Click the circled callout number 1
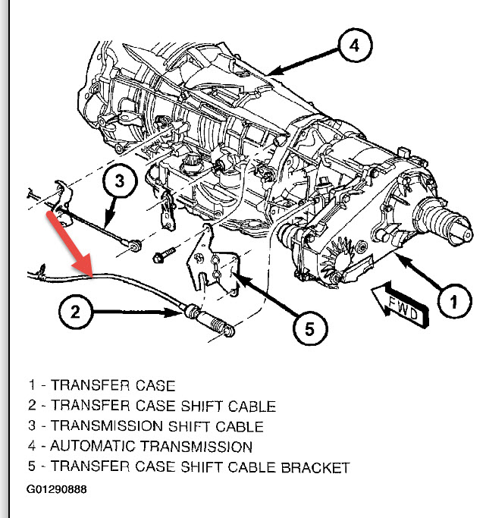click(451, 303)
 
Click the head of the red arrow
click(91, 275)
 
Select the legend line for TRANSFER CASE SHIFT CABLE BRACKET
click(189, 467)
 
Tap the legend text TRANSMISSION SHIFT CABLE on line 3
click(157, 426)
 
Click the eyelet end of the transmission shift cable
click(135, 244)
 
